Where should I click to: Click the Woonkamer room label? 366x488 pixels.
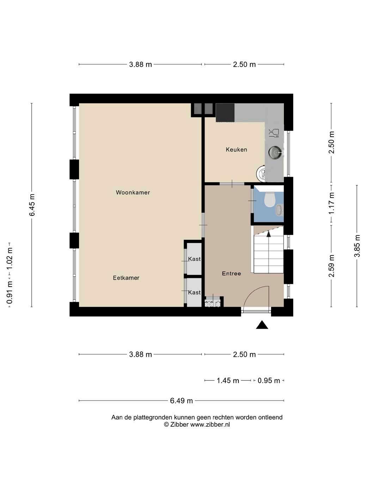(x=133, y=192)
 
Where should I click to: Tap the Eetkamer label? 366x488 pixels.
(x=126, y=278)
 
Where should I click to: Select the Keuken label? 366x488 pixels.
(x=237, y=150)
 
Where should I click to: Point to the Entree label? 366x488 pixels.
(x=231, y=274)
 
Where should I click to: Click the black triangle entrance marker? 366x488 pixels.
(x=262, y=325)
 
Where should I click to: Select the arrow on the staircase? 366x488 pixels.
(x=269, y=234)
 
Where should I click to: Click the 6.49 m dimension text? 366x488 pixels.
(x=181, y=401)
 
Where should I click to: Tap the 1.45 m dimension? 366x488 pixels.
(x=228, y=380)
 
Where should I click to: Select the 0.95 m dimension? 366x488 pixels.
(x=269, y=380)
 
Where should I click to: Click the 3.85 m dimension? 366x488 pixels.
(x=357, y=246)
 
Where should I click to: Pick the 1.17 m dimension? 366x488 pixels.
(x=331, y=203)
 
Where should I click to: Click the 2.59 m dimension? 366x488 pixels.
(x=331, y=266)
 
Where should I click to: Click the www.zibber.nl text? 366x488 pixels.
(x=210, y=425)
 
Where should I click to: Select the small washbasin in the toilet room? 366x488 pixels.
(x=279, y=210)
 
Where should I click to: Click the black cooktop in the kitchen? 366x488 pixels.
(x=225, y=112)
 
